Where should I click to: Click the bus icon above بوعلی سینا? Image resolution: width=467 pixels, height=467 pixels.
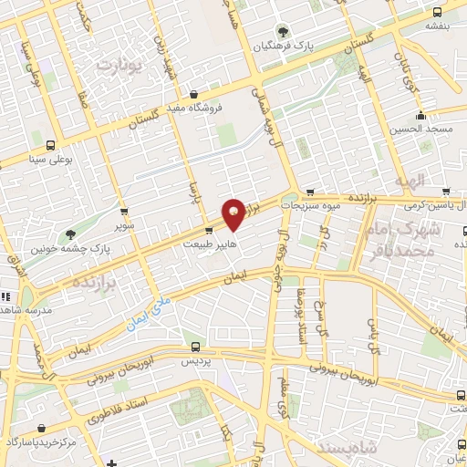(x=50, y=145)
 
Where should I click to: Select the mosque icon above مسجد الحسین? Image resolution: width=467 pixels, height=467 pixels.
(x=420, y=116)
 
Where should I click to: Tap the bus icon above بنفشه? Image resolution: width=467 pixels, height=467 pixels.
(x=437, y=13)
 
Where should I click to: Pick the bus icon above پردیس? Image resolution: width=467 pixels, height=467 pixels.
(x=195, y=347)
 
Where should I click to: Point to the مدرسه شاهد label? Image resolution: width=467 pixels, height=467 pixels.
(x=26, y=309)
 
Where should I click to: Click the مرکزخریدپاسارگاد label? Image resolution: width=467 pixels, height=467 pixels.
(x=43, y=441)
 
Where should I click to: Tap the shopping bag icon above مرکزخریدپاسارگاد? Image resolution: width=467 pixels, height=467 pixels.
(x=111, y=463)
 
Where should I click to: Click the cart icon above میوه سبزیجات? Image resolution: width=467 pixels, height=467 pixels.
(x=310, y=193)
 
